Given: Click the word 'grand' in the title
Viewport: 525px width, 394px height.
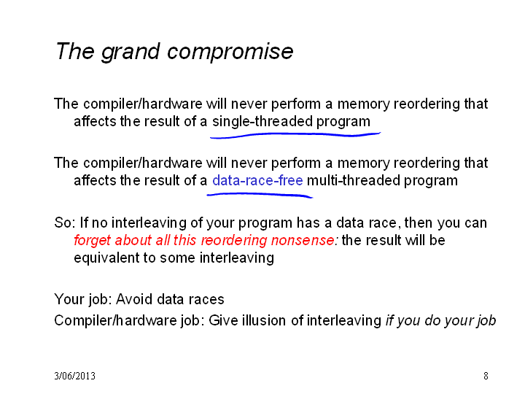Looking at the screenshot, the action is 131,53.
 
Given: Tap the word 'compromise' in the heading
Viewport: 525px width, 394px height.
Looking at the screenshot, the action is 230,53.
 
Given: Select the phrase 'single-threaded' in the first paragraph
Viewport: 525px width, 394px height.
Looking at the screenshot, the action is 262,121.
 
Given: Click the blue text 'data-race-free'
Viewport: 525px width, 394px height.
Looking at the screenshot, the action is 257,180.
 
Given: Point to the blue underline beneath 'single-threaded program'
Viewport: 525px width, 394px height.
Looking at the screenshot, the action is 295,135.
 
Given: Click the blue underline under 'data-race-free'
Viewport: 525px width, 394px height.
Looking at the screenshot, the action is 260,195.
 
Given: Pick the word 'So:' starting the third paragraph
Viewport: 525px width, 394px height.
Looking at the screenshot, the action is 66,223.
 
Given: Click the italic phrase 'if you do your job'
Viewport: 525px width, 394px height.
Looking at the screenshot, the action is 440,320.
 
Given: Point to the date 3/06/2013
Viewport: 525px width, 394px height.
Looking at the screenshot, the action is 74,376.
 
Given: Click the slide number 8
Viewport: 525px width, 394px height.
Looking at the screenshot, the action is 486,376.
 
